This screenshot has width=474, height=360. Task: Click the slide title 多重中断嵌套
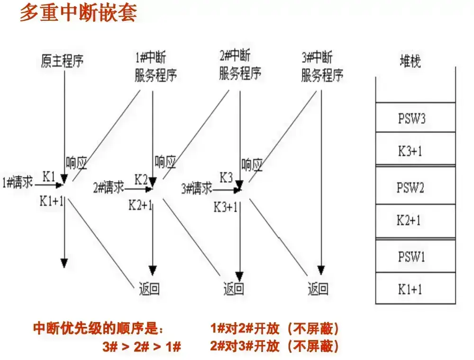tap(78, 13)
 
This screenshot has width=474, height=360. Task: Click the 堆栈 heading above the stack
tap(410, 61)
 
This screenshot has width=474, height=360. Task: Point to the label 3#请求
tap(196, 188)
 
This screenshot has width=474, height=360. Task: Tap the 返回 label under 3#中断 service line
tap(318, 288)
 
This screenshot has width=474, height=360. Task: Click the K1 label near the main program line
tap(50, 176)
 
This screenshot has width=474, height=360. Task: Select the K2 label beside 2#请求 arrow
tap(141, 180)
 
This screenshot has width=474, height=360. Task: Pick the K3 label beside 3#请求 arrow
tap(226, 178)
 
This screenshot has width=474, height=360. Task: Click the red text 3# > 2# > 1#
tap(142, 346)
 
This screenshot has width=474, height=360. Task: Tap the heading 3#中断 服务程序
tap(322, 67)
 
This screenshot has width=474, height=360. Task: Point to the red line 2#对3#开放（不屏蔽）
tap(275, 346)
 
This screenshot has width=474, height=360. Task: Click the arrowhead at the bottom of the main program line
tap(64, 262)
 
